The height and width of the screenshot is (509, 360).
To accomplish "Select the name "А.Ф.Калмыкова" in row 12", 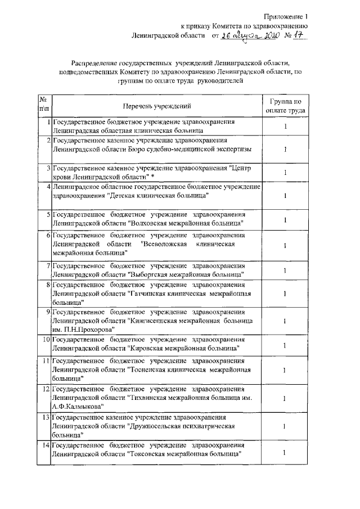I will [x=77, y=406].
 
